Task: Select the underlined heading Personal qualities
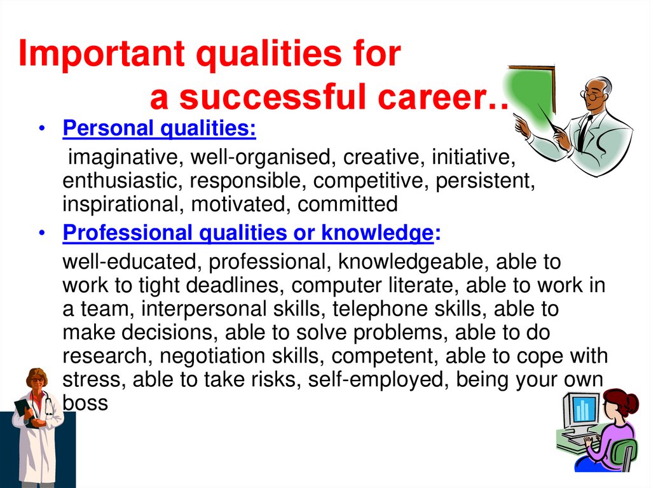click(x=159, y=129)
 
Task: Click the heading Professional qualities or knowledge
click(x=248, y=234)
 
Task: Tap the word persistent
click(x=484, y=181)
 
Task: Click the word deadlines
click(x=231, y=285)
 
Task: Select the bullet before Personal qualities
click(x=41, y=130)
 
